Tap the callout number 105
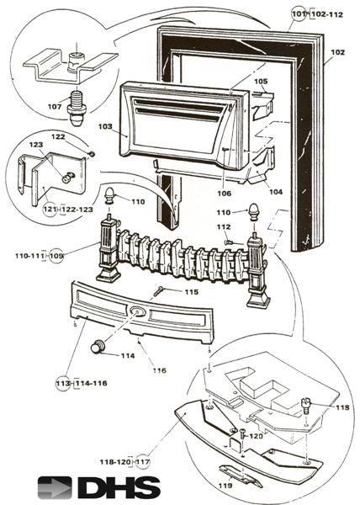(x=261, y=82)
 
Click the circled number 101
(x=299, y=14)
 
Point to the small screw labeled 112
(x=229, y=242)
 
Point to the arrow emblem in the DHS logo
(x=56, y=487)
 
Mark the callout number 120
(x=256, y=437)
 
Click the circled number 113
(x=62, y=383)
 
